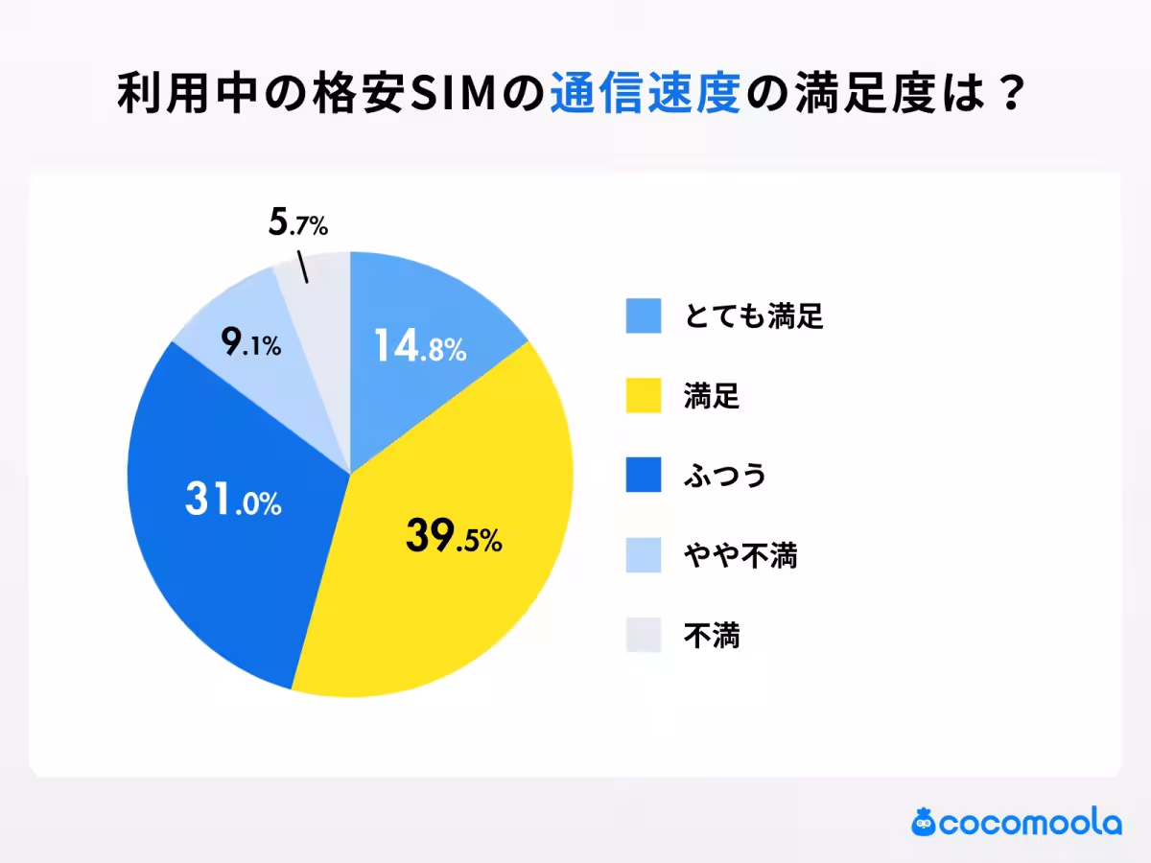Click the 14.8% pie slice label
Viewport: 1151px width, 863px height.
click(x=420, y=347)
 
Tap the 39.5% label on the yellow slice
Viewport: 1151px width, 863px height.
click(x=454, y=538)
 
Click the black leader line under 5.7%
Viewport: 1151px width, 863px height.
click(x=302, y=268)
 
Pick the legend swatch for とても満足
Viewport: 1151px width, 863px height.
click(x=644, y=315)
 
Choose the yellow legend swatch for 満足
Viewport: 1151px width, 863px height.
click(x=644, y=395)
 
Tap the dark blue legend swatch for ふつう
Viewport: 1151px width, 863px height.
click(x=644, y=475)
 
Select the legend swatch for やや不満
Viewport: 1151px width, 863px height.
click(x=644, y=555)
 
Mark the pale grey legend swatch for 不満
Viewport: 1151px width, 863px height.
click(x=644, y=635)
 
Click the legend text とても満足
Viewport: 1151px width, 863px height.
click(x=754, y=315)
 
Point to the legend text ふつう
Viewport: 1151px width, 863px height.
click(x=725, y=475)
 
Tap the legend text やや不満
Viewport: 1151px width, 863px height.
click(x=740, y=555)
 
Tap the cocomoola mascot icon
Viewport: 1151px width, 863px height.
click(x=924, y=822)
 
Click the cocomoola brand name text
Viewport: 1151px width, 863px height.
click(x=1030, y=824)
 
